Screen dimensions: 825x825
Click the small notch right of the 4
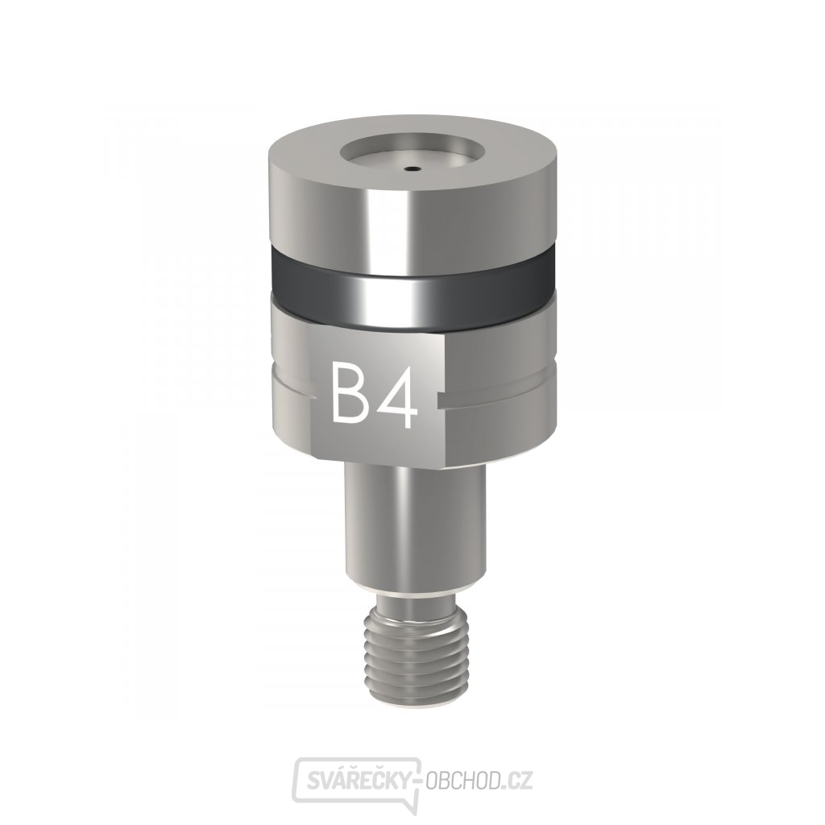coord(440,397)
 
